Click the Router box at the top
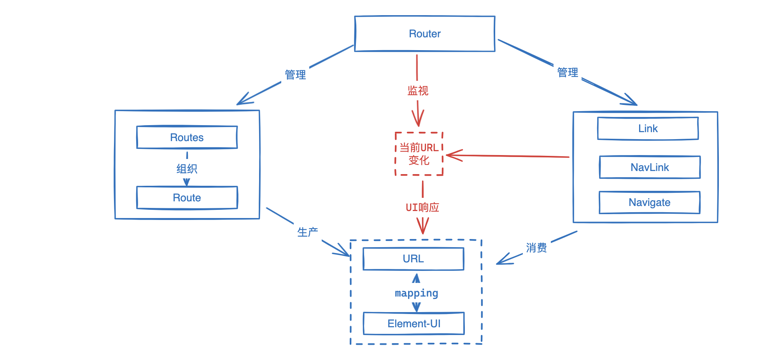[424, 34]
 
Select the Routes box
[187, 137]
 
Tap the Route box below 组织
[187, 198]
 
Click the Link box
[648, 129]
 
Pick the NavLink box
[650, 168]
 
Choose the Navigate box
[649, 202]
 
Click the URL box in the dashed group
[413, 259]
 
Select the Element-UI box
[414, 324]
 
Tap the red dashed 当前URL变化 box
[419, 154]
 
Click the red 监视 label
[418, 91]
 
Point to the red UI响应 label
[422, 208]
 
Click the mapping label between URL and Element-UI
[416, 293]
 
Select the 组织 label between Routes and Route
[187, 169]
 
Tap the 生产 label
[307, 232]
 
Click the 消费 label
[536, 248]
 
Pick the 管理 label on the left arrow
[295, 75]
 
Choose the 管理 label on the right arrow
[568, 72]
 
